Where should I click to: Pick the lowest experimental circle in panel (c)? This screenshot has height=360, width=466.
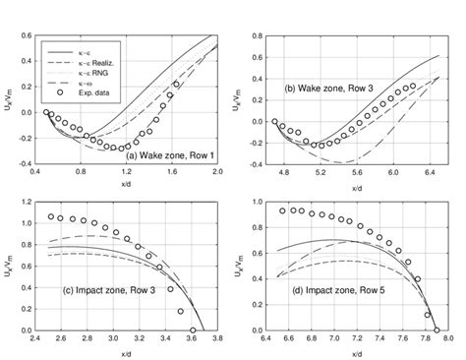point(193,330)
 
